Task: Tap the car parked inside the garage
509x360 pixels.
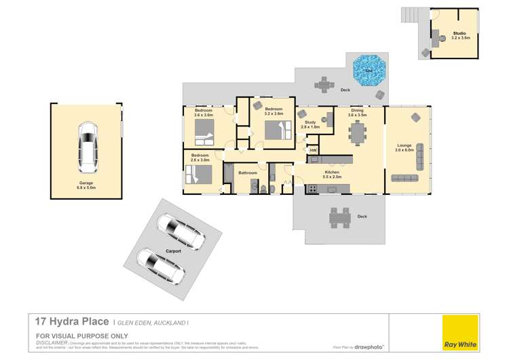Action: point(88,147)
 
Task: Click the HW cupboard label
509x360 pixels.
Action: point(313,150)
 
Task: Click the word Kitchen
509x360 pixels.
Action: point(332,173)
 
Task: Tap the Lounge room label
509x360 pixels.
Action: point(405,145)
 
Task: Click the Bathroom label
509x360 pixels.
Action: point(248,173)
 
